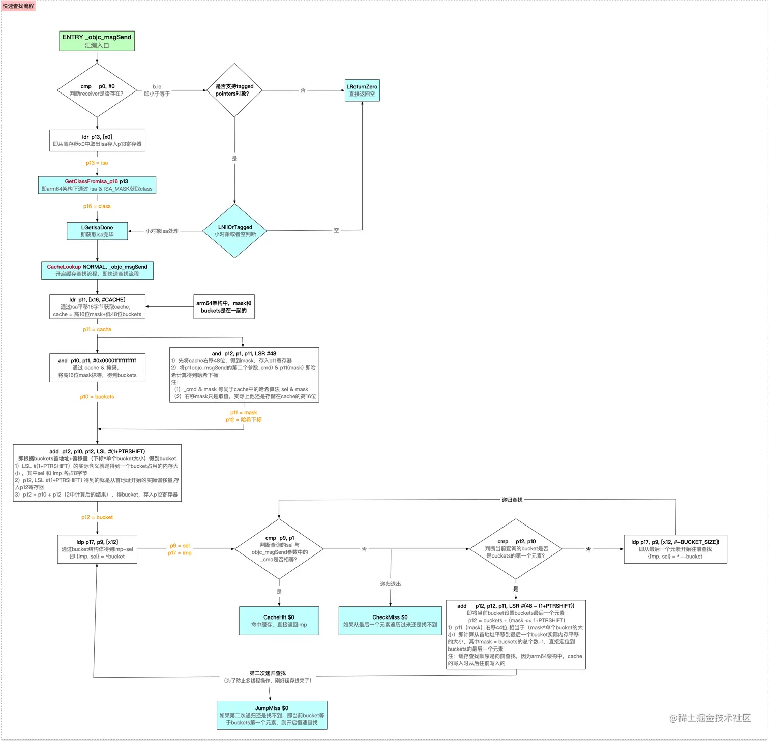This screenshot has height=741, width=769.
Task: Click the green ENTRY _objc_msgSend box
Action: click(97, 41)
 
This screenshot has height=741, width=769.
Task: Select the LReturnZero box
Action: click(362, 90)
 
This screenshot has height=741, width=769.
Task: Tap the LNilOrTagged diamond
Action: click(234, 231)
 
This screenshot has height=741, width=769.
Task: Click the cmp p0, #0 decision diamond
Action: click(97, 90)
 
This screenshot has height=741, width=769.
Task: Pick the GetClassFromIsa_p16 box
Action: click(97, 185)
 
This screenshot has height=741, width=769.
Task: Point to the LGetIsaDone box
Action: click(97, 231)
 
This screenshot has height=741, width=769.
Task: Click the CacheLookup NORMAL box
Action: click(97, 270)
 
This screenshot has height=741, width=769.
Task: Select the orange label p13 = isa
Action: click(97, 163)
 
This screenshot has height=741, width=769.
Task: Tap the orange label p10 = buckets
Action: click(97, 397)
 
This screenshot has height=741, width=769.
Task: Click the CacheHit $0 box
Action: click(279, 621)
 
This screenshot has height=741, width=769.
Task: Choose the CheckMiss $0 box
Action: click(390, 621)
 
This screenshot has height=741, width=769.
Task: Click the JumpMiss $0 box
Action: click(272, 715)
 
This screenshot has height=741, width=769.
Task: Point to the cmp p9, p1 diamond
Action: click(279, 549)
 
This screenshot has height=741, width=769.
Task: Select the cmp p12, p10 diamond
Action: click(515, 549)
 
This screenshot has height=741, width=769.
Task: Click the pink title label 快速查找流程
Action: click(18, 6)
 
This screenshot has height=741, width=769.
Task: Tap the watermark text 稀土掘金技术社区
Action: click(710, 718)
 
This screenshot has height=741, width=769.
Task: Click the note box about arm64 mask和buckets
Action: click(224, 307)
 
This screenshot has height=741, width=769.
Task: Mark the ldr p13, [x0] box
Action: click(97, 140)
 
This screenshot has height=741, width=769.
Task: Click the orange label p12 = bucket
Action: click(97, 517)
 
